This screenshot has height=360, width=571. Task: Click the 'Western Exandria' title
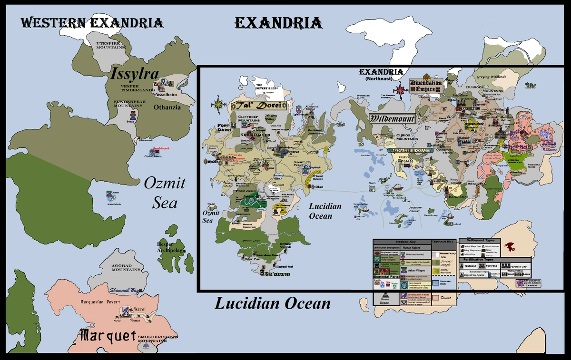click(x=91, y=22)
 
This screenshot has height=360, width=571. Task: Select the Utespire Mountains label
click(x=111, y=45)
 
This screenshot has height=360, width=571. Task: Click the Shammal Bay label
click(x=124, y=290)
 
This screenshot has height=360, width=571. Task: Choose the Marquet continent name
click(x=108, y=336)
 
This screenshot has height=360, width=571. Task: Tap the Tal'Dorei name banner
click(x=258, y=106)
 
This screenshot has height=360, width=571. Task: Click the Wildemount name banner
click(x=393, y=118)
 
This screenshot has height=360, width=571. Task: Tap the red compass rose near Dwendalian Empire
click(x=400, y=88)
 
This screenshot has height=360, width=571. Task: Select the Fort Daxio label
click(x=224, y=127)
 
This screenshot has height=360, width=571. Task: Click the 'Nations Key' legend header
click(x=402, y=242)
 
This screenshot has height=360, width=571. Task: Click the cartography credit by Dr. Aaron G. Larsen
click(x=531, y=283)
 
